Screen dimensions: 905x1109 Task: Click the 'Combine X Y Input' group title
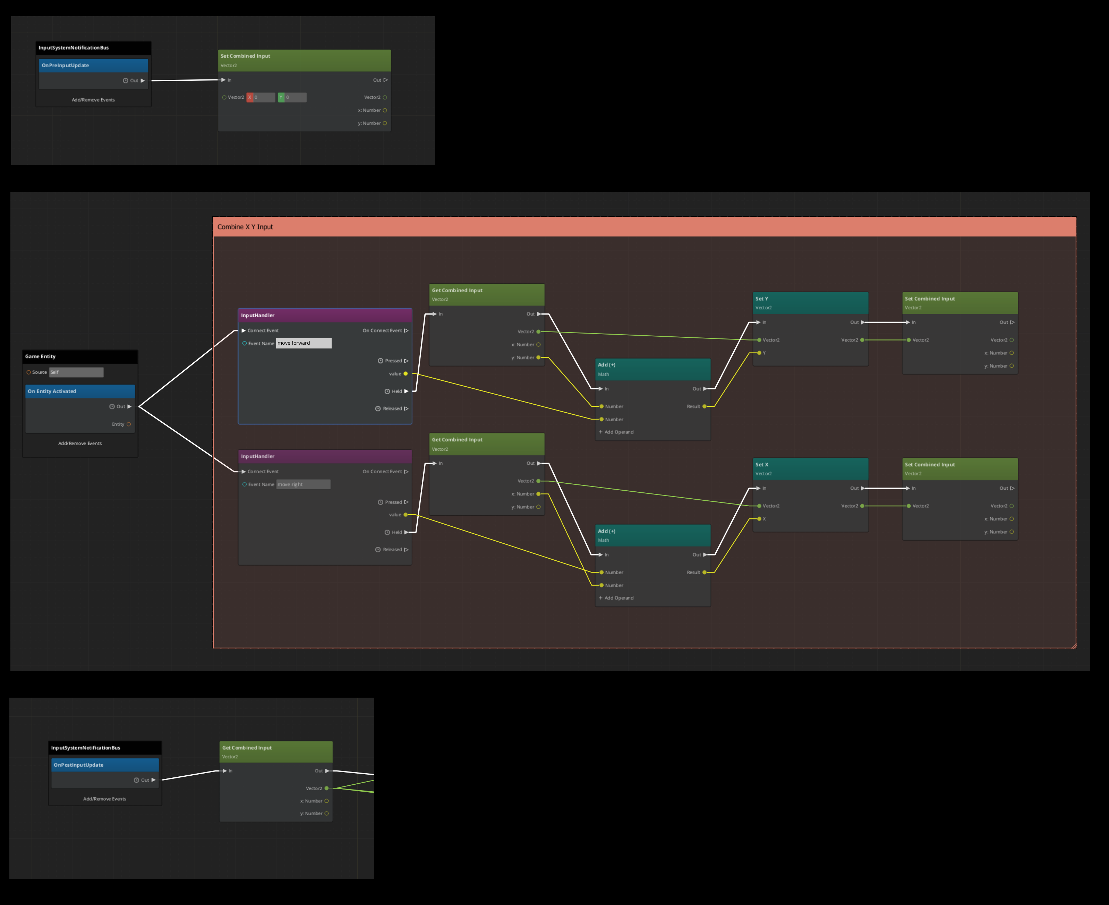(245, 227)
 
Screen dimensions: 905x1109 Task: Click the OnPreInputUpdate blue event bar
(93, 66)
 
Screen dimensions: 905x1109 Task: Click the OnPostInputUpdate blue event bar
(104, 765)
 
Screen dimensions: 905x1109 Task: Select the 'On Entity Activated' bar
(80, 391)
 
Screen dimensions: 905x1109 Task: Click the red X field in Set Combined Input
(261, 97)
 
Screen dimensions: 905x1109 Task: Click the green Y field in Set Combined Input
(292, 97)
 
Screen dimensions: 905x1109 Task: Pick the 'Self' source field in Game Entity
(76, 372)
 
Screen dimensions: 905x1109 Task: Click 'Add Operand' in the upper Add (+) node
(619, 432)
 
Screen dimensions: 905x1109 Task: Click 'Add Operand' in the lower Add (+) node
(619, 598)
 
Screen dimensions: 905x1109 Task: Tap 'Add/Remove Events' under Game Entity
(80, 443)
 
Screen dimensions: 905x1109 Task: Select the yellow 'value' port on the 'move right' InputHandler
(406, 515)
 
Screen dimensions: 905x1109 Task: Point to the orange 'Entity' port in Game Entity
(129, 424)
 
